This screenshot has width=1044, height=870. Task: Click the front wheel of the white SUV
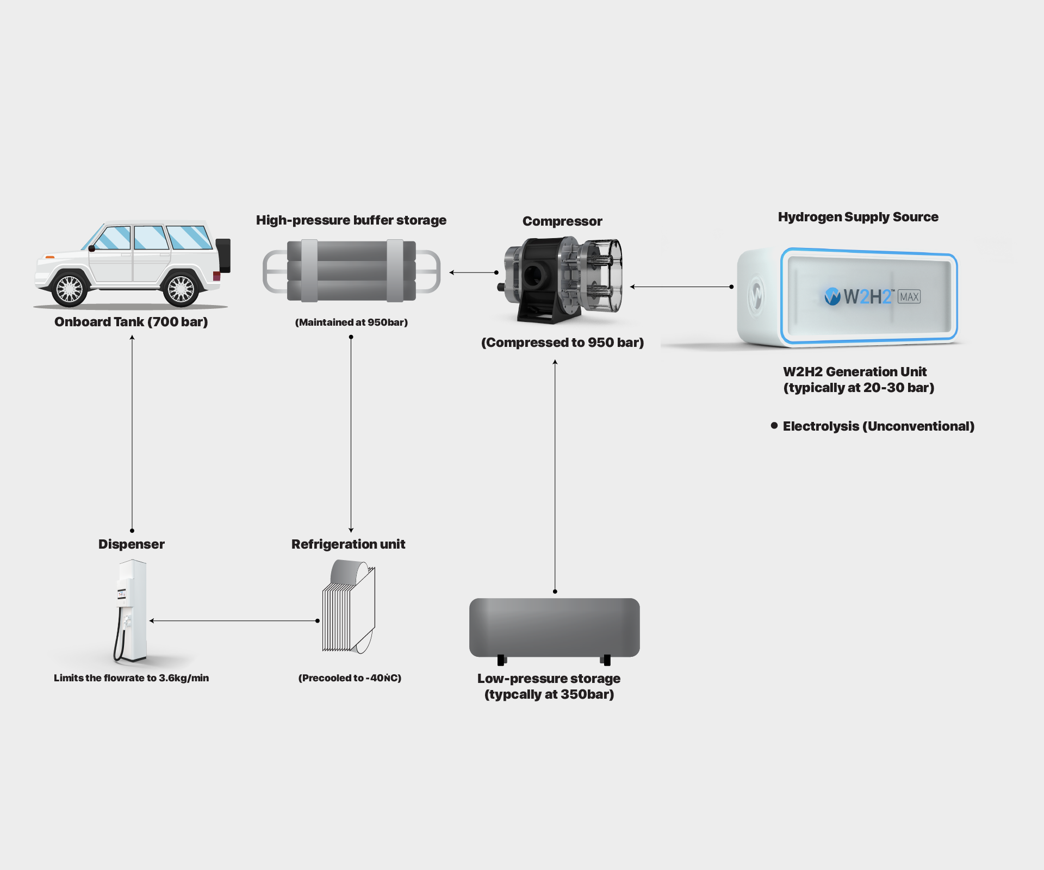click(x=70, y=289)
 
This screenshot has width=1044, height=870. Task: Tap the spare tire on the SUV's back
click(x=223, y=255)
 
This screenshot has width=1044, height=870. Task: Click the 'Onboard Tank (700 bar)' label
click(x=131, y=322)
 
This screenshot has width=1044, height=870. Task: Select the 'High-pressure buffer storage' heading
click(x=351, y=220)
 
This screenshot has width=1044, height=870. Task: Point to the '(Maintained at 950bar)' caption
click(x=351, y=322)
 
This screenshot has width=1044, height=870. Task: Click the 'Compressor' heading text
click(x=562, y=221)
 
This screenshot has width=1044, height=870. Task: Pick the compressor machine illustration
click(x=562, y=278)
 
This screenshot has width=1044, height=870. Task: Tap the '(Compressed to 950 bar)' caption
click(x=562, y=343)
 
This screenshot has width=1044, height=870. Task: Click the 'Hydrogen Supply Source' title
click(x=858, y=217)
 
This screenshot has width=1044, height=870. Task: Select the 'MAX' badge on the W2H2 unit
click(x=909, y=297)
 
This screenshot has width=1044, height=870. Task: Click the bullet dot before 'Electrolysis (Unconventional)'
click(x=774, y=426)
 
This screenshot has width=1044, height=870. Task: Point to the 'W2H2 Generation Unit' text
click(x=855, y=372)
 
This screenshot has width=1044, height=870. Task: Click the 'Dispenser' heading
click(x=132, y=544)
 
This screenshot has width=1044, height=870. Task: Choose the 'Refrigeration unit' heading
click(x=348, y=544)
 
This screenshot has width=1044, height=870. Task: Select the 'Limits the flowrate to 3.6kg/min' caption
click(x=131, y=678)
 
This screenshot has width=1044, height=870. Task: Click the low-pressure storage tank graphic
click(x=554, y=628)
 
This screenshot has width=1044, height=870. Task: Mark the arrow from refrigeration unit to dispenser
click(x=234, y=620)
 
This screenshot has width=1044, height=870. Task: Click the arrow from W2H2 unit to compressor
click(x=681, y=287)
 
